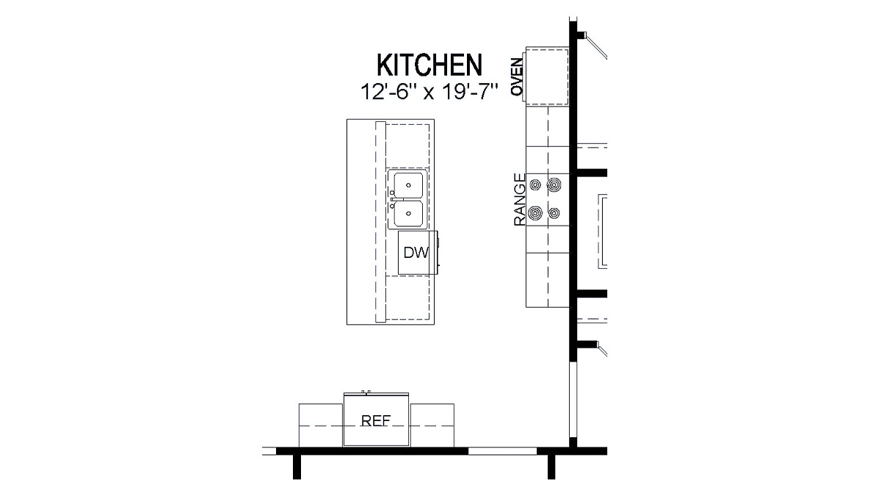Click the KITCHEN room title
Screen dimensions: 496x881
click(x=429, y=65)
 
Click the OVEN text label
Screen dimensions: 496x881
click(x=517, y=76)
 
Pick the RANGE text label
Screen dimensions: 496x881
click(x=519, y=199)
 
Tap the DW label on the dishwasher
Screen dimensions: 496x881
click(x=416, y=253)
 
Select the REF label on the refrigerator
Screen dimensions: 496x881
click(x=375, y=422)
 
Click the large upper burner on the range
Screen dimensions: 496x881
click(x=554, y=184)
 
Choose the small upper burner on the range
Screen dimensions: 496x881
click(x=534, y=184)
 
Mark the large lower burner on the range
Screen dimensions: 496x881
click(x=536, y=214)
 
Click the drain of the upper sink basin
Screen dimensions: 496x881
click(x=407, y=184)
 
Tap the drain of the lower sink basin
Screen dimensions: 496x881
click(x=407, y=214)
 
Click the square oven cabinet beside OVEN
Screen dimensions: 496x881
click(x=547, y=76)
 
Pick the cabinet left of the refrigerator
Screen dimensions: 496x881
click(x=321, y=425)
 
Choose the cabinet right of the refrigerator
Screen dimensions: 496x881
click(x=432, y=425)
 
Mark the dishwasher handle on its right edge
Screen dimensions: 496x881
click(x=438, y=253)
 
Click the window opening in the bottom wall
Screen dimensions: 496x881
click(x=503, y=450)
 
